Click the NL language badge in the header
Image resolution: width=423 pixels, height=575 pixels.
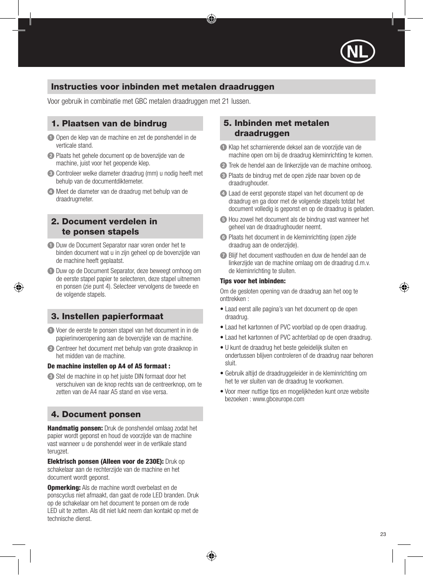pyautogui.click(x=357, y=52)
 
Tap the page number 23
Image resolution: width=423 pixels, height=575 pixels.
pyautogui.click(x=383, y=534)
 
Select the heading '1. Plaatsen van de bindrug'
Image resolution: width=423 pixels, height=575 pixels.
pyautogui.click(x=109, y=124)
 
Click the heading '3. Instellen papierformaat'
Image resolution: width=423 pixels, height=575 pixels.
pyautogui.click(x=107, y=317)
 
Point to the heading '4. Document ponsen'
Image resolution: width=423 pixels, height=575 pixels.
pyautogui.click(x=96, y=415)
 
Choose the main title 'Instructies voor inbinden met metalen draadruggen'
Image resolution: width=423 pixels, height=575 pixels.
pyautogui.click(x=163, y=87)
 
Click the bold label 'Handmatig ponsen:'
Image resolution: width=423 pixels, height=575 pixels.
pyautogui.click(x=75, y=428)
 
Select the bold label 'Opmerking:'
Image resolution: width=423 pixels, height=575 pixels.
pyautogui.click(x=64, y=488)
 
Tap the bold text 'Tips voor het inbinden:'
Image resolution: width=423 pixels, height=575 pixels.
pyautogui.click(x=253, y=281)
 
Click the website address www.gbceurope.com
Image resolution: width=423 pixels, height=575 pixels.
pyautogui.click(x=278, y=399)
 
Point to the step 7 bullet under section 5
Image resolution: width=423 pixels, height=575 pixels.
pyautogui.click(x=223, y=255)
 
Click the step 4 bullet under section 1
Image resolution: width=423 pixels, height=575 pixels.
pyautogui.click(x=51, y=192)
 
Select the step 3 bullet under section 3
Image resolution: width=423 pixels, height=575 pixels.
pyautogui.click(x=51, y=376)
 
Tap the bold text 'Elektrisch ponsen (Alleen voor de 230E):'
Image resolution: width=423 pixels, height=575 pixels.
pyautogui.click(x=106, y=462)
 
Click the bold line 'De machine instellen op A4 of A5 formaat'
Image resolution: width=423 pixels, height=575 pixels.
pyautogui.click(x=109, y=366)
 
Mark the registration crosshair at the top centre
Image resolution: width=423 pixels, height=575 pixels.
pyautogui.click(x=211, y=19)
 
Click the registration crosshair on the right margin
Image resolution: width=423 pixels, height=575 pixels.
pyautogui.click(x=404, y=287)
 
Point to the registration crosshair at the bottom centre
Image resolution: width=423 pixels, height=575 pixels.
pyautogui.click(x=211, y=556)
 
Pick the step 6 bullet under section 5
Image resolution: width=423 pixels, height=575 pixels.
pyautogui.click(x=223, y=237)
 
